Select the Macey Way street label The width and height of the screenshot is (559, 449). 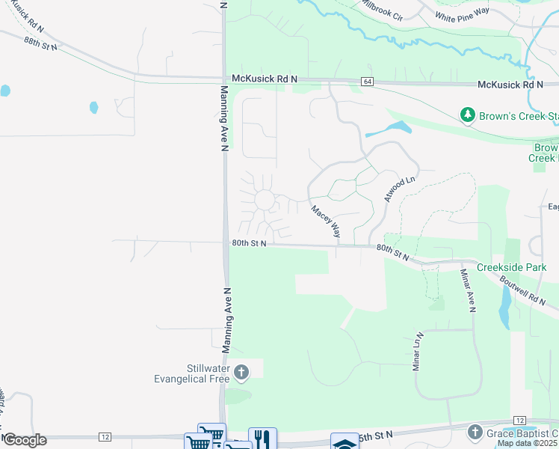[326, 222]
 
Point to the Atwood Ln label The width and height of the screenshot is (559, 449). [399, 189]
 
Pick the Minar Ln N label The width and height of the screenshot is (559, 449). [419, 352]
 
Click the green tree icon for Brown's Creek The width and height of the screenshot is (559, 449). [468, 114]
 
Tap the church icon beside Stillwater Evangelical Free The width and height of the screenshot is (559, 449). [241, 371]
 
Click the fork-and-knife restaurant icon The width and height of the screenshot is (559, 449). [262, 438]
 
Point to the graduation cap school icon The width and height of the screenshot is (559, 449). [345, 442]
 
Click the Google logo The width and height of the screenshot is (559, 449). [24, 440]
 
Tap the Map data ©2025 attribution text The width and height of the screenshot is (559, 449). [528, 443]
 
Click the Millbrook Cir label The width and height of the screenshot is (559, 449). [383, 9]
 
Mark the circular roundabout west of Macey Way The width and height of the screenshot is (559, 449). [264, 200]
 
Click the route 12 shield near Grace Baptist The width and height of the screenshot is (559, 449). [520, 421]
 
